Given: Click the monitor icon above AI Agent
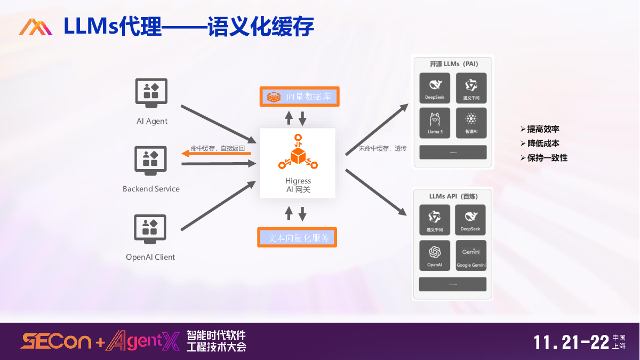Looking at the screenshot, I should point(151,93).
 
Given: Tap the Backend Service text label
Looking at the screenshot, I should point(151,189).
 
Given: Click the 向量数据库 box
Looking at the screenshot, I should point(299,97).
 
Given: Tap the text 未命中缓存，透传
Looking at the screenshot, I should point(382,148).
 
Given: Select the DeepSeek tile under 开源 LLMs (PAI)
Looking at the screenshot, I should point(435,88).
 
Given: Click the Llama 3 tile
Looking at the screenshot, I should point(435,123).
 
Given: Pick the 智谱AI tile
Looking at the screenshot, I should point(471,123).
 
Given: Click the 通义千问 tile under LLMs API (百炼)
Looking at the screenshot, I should point(435,220).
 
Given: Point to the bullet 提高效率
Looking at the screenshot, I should point(543,129).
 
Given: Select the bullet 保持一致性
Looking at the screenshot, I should point(547,158).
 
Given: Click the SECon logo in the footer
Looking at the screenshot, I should point(55,341).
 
